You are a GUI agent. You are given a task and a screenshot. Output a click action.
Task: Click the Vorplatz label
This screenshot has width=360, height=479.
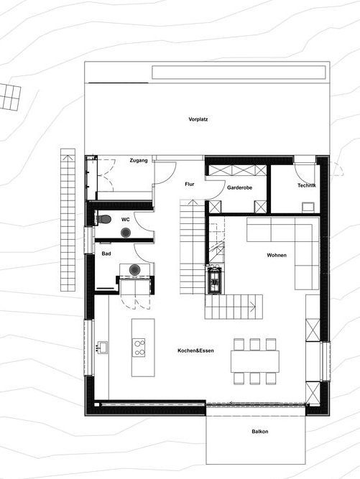click(198, 119)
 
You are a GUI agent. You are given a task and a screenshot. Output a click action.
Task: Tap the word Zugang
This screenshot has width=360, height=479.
click(139, 160)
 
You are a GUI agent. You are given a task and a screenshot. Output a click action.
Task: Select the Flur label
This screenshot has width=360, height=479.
click(190, 185)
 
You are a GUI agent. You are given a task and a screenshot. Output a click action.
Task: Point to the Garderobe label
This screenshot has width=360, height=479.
click(239, 187)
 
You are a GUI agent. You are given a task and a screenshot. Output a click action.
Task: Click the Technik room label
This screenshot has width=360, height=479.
click(307, 185)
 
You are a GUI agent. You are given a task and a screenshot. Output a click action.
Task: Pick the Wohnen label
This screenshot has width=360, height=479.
click(277, 255)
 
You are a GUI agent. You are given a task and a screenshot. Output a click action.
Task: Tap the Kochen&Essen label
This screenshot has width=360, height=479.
click(195, 350)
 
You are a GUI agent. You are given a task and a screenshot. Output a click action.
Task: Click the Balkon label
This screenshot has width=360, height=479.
click(260, 432)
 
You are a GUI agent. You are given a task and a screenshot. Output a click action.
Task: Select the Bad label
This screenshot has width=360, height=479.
click(106, 254)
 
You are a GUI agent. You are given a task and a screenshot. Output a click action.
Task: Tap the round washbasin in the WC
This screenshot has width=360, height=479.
click(126, 233)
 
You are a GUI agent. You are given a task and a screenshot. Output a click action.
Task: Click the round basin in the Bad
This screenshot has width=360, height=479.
click(134, 270)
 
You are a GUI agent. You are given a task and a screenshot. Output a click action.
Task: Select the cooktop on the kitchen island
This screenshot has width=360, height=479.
click(139, 348)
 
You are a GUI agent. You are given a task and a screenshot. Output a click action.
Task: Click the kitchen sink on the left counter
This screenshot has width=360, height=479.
click(102, 348)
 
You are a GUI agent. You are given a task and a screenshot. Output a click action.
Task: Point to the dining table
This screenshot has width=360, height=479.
click(255, 361)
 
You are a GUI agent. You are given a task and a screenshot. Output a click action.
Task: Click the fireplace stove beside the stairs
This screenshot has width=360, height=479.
click(215, 279)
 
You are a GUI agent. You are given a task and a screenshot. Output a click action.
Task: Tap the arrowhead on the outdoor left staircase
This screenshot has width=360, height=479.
click(68, 158)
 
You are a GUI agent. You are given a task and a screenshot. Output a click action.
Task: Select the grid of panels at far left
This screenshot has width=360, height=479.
click(10, 97)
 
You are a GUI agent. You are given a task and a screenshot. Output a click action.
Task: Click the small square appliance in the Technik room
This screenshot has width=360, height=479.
click(308, 207)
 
